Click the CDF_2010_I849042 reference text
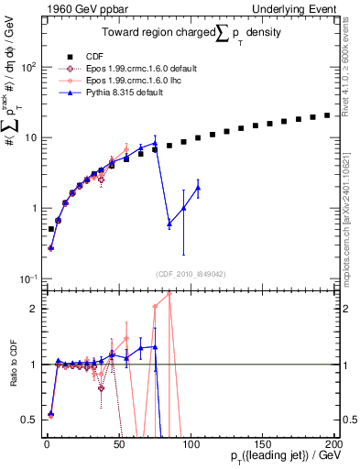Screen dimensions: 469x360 click(191, 273)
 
